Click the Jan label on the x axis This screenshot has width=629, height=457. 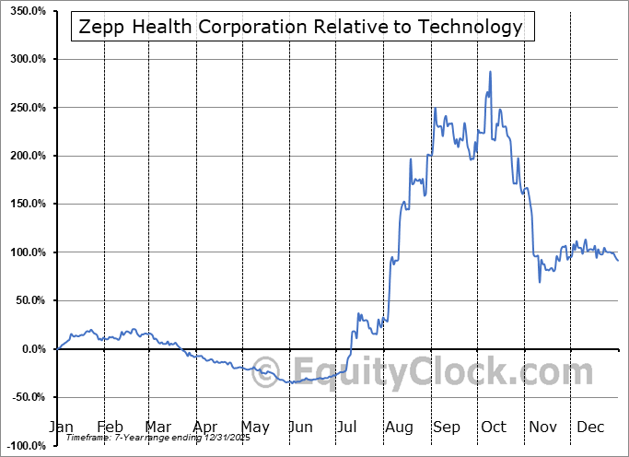coord(61,427)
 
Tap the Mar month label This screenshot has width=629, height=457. coord(157,427)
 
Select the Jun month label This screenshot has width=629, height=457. coord(300,427)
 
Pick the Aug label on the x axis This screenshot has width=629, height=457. coord(398,427)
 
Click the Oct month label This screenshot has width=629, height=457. coord(495,427)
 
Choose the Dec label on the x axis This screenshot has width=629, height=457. coord(590,427)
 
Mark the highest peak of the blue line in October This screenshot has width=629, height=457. coord(490,72)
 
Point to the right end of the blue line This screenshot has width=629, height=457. coord(618,261)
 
